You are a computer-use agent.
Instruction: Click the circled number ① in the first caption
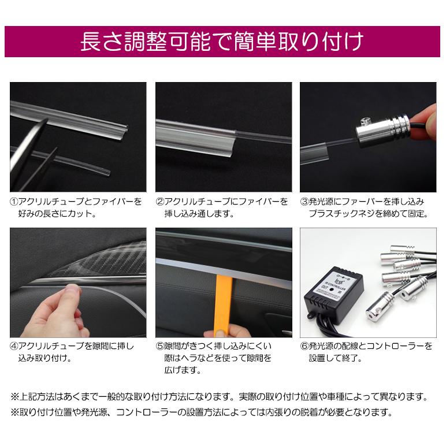click(x=14, y=202)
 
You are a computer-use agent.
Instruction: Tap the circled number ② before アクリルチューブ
click(x=160, y=202)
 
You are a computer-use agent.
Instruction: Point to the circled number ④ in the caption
click(x=14, y=347)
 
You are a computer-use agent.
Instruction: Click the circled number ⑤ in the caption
click(x=160, y=347)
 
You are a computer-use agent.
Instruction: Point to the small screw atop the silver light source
click(x=365, y=120)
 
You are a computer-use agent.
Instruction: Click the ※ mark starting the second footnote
click(x=14, y=412)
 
